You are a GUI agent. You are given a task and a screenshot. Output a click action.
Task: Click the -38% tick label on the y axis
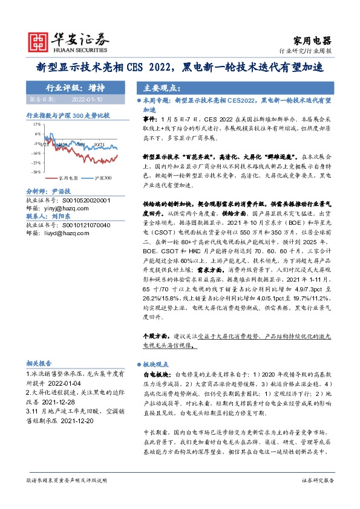point(36,172)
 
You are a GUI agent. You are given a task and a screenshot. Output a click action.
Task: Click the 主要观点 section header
point(155,86)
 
